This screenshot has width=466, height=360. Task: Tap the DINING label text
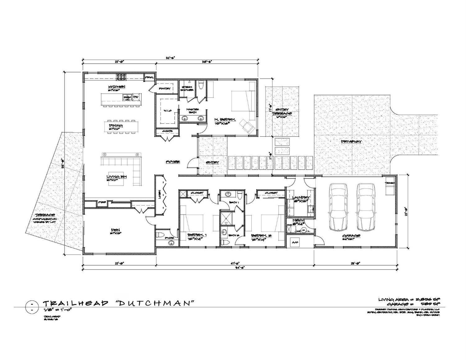pyautogui.click(x=114, y=125)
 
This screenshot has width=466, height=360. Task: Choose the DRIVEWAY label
pyautogui.click(x=351, y=142)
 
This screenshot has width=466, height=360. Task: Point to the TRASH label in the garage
pyautogui.click(x=390, y=183)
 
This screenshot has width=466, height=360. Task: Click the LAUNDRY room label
pyautogui.click(x=301, y=198)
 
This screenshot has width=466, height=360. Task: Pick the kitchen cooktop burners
pyautogui.click(x=121, y=76)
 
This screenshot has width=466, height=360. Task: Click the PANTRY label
pyautogui.click(x=165, y=89)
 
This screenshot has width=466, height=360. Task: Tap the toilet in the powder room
pyautogui.click(x=159, y=235)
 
